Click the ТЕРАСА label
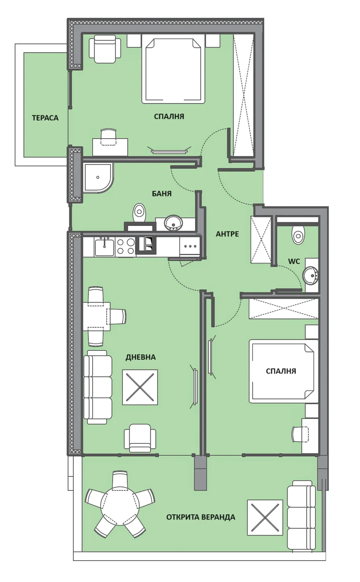pos(45,118)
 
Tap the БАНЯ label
pos(162,194)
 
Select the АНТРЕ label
pos(227,234)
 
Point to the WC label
pos(294,261)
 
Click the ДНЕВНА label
pos(141,357)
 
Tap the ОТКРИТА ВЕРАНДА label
pos(201,517)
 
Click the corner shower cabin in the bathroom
pos(98,178)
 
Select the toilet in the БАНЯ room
pos(139,213)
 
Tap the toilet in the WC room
pos(298,235)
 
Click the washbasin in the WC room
pos(310,275)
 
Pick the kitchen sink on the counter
pos(104,247)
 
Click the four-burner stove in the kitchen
pos(126,246)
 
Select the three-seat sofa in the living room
pos(98,387)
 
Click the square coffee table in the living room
pos(140,387)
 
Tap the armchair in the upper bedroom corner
pos(105,49)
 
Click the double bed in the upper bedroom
pos(173,70)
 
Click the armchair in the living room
pos(140,438)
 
